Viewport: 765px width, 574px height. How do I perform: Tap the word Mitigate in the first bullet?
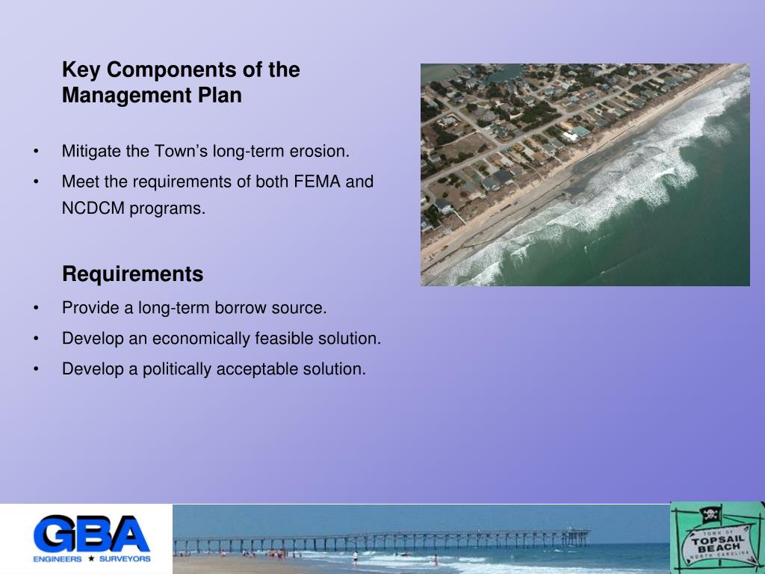click(x=92, y=152)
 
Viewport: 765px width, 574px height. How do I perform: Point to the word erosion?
click(x=323, y=152)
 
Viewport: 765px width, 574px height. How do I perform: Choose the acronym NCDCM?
click(x=93, y=209)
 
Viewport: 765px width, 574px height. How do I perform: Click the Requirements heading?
click(x=132, y=274)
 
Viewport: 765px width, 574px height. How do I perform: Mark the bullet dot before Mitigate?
click(x=37, y=152)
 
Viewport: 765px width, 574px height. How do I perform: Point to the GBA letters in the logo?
click(x=91, y=534)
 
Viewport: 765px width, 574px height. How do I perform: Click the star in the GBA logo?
click(x=91, y=558)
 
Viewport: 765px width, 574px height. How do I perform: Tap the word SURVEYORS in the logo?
click(x=125, y=558)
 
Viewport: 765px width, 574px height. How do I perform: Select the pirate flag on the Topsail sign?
click(x=709, y=514)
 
